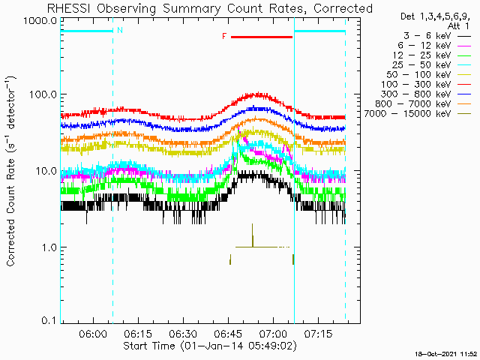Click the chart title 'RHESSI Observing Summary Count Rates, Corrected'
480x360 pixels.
coord(210,8)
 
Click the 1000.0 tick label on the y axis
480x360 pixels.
coord(40,22)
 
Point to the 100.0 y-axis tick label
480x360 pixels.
coord(43,94)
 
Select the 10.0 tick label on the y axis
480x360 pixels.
coord(46,171)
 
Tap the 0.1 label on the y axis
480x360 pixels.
coord(49,320)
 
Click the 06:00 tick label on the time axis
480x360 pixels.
coord(93,334)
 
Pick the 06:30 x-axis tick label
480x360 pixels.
coord(183,334)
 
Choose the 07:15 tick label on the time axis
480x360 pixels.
coord(318,334)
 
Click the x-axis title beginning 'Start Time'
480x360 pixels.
coord(210,346)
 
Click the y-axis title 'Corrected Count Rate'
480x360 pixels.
coord(11,172)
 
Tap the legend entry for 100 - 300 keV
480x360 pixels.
coord(426,85)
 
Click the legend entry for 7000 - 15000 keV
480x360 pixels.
coord(418,114)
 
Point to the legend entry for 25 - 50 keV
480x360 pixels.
coord(431,65)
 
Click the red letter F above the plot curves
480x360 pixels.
coord(224,37)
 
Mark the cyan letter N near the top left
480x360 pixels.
coord(120,30)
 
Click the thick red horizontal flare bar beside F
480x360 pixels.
coord(262,37)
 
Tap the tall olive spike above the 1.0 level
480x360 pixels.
coord(253,235)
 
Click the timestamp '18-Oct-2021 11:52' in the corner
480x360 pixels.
coord(445,355)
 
